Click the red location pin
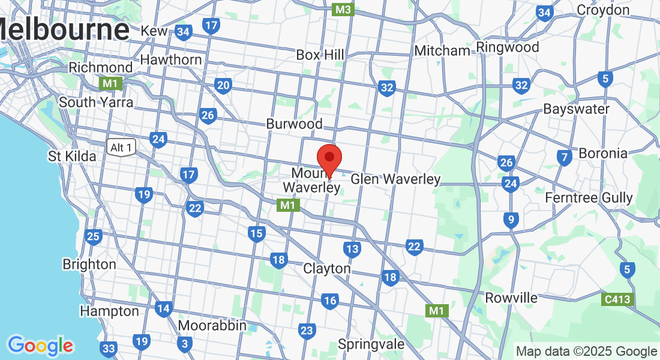coord(329,159)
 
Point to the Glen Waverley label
coord(395,179)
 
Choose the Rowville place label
coord(511,298)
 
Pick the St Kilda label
coord(72,156)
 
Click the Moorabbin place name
coord(212,325)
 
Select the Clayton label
coord(327,268)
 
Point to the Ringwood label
coord(508,47)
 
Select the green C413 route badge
coord(618,298)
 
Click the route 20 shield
coord(223,85)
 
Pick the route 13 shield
coord(352,248)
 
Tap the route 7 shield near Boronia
coord(564,158)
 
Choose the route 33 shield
coord(109,349)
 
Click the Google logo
coord(40,346)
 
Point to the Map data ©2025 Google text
coord(586,352)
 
